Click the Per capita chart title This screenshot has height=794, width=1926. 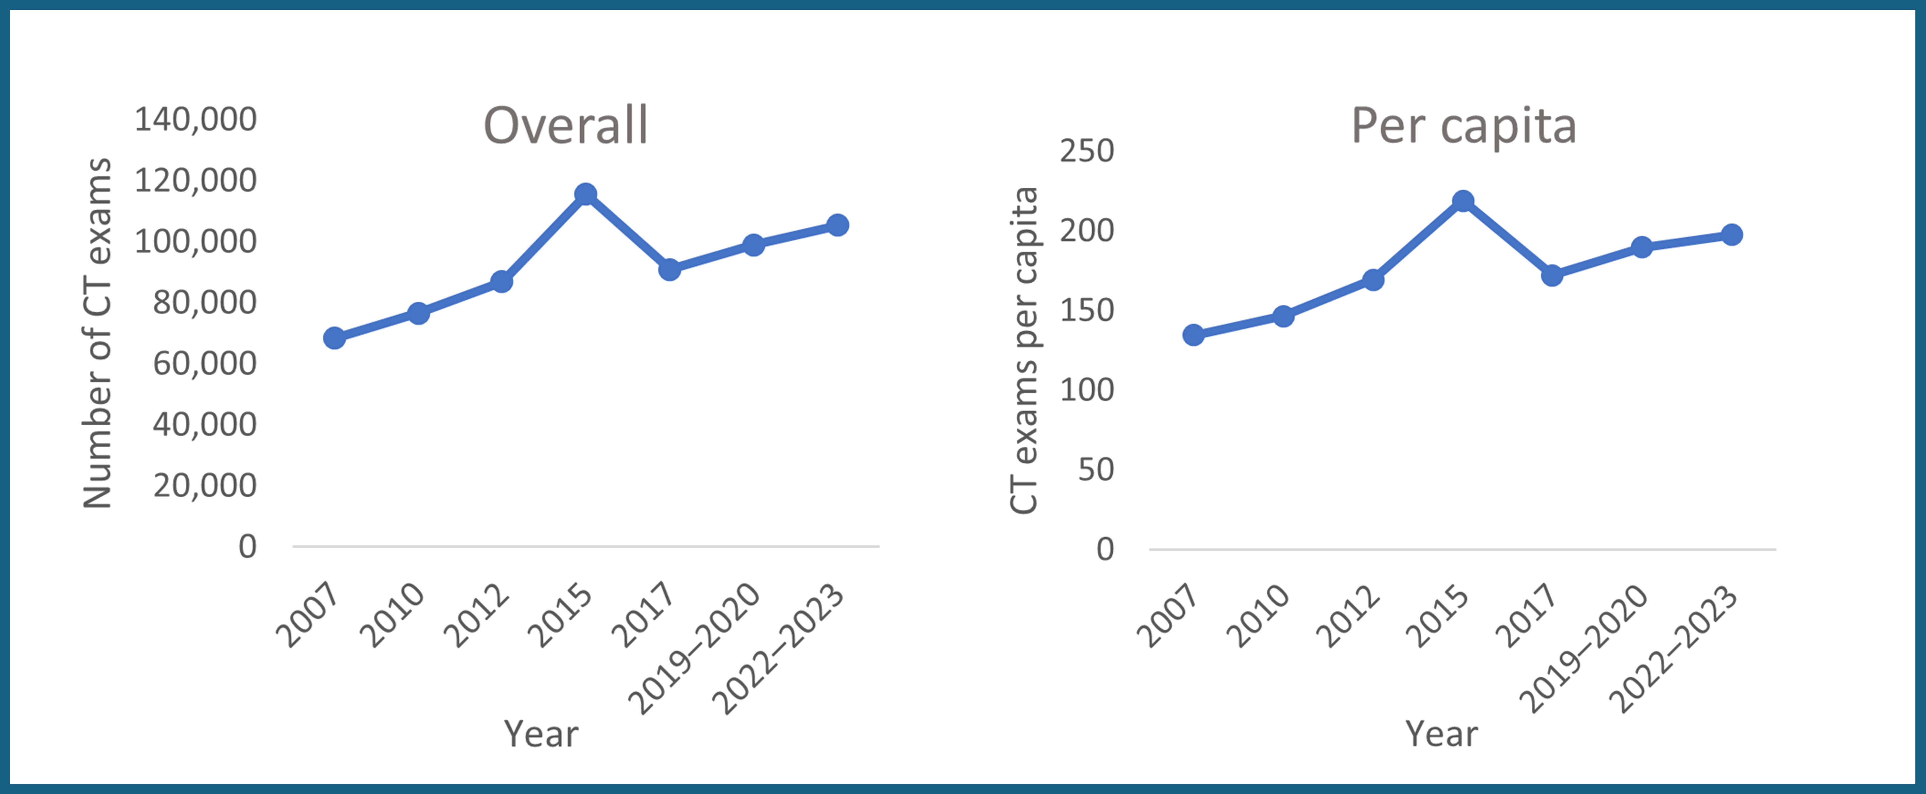pos(1463,125)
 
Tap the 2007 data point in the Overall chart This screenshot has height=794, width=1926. pos(334,338)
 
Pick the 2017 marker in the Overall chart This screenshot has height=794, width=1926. pos(669,269)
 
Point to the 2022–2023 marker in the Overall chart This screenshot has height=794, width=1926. pos(837,225)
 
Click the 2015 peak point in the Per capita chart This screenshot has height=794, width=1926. pos(1463,201)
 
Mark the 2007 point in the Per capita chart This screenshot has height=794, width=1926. pos(1193,335)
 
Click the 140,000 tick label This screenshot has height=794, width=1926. pos(195,120)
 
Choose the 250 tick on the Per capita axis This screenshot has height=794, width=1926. pos(1086,151)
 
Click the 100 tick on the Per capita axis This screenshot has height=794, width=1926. pos(1086,390)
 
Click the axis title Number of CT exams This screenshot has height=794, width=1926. pos(97,333)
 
